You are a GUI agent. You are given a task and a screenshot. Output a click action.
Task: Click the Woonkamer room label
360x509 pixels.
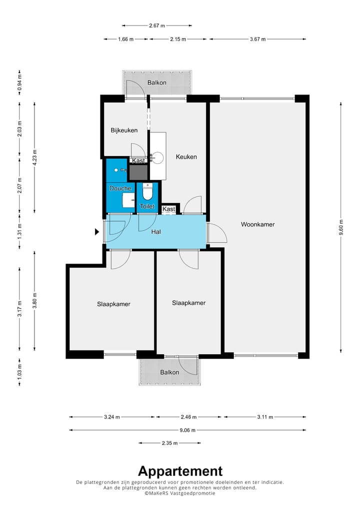click(257, 224)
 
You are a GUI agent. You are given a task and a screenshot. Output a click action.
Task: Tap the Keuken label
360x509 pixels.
click(186, 157)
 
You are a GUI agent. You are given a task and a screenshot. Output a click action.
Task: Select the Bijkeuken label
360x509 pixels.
click(124, 130)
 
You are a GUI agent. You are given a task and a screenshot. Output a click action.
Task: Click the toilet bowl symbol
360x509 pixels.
click(147, 191)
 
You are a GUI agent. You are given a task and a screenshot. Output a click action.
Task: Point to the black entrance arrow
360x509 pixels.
click(96, 232)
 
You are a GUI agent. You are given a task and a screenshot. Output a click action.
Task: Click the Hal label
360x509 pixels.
click(156, 232)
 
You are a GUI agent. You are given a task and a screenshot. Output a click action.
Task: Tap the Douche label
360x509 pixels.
click(120, 188)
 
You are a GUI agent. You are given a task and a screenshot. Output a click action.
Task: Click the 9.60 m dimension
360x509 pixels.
click(341, 227)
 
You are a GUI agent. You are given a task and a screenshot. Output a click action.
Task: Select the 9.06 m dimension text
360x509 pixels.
click(187, 430)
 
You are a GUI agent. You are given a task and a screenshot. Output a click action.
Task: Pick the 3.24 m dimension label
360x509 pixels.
click(112, 417)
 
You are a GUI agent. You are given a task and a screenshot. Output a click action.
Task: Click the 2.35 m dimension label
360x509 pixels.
click(170, 443)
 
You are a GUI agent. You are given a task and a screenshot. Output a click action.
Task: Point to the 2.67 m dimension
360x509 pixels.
click(157, 25)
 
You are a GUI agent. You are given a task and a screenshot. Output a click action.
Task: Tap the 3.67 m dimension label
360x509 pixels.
click(257, 39)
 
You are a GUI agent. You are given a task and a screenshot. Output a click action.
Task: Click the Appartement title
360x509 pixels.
click(180, 471)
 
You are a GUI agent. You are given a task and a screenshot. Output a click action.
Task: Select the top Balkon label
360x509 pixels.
click(157, 82)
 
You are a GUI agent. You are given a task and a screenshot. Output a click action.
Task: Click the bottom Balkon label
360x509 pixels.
click(169, 372)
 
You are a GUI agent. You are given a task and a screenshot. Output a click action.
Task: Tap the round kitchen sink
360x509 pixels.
click(158, 158)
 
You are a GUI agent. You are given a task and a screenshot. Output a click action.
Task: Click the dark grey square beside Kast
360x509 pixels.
click(138, 172)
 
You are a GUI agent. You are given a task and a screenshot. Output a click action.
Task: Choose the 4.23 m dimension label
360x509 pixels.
click(34, 157)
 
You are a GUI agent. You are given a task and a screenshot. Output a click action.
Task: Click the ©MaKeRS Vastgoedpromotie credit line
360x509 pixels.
click(180, 493)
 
